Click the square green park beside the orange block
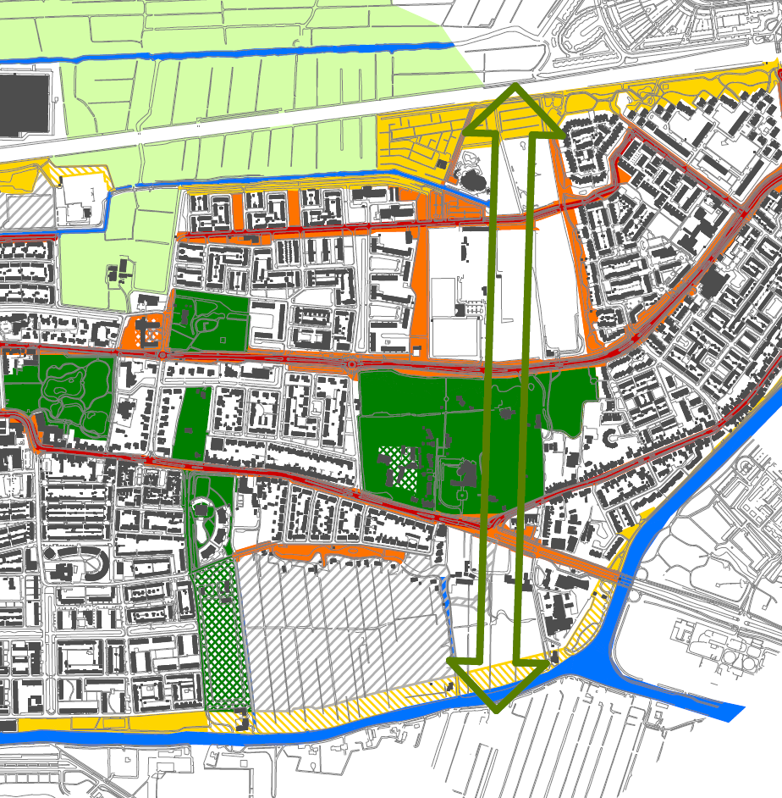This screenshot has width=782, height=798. click(x=208, y=320)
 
